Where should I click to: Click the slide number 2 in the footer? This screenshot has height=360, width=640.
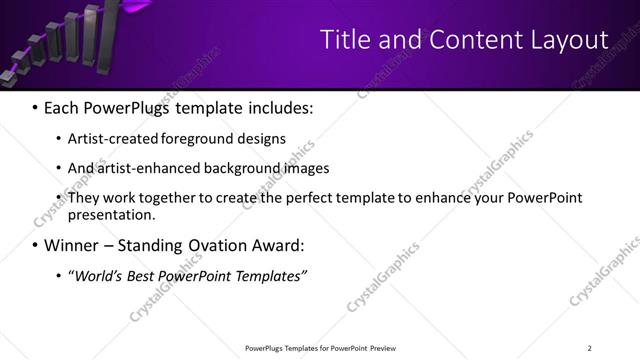(589, 348)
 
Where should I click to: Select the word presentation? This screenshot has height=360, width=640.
(111, 215)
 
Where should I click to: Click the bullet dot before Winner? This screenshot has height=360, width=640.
(36, 245)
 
